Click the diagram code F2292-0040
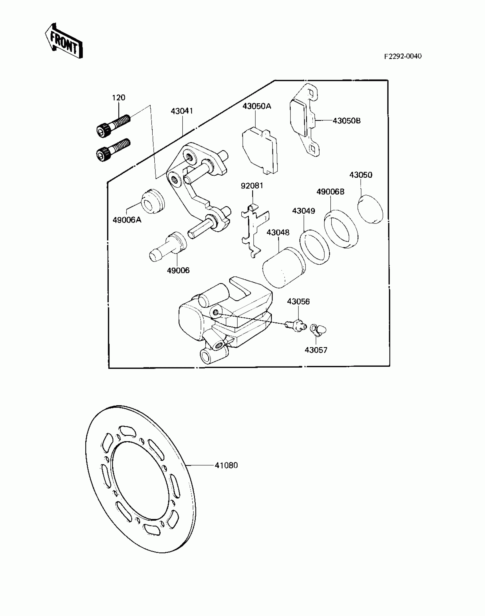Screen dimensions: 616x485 [402, 56]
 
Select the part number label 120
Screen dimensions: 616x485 [118, 98]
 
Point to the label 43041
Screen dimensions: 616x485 [182, 111]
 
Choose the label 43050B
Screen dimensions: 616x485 [347, 121]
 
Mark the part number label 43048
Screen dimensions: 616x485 [278, 233]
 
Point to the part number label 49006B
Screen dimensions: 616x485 [330, 192]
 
